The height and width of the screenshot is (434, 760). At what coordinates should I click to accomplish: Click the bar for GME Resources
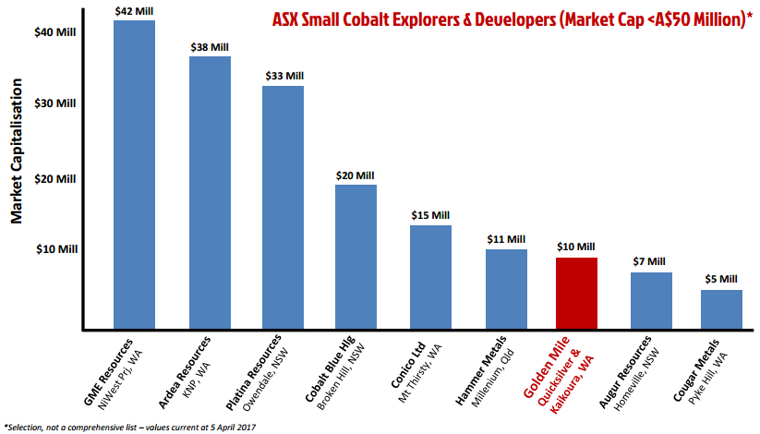[x=134, y=175]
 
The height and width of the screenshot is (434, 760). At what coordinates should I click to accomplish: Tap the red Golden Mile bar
[x=575, y=293]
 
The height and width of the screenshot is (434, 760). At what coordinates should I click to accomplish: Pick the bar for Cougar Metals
[x=721, y=308]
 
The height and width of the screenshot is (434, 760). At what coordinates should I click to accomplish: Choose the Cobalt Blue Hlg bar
[x=356, y=256]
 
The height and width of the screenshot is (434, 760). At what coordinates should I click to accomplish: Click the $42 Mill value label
[x=134, y=11]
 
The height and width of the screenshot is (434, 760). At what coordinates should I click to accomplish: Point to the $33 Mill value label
[x=283, y=76]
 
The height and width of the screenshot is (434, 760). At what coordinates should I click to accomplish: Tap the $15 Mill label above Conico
[x=429, y=215]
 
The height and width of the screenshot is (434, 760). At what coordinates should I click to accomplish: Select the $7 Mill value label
[x=651, y=262]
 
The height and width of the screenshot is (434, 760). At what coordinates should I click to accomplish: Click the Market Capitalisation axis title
[x=17, y=163]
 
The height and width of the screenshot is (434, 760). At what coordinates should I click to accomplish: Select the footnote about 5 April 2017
[x=129, y=426]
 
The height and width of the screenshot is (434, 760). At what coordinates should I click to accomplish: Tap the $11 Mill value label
[x=504, y=239]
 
